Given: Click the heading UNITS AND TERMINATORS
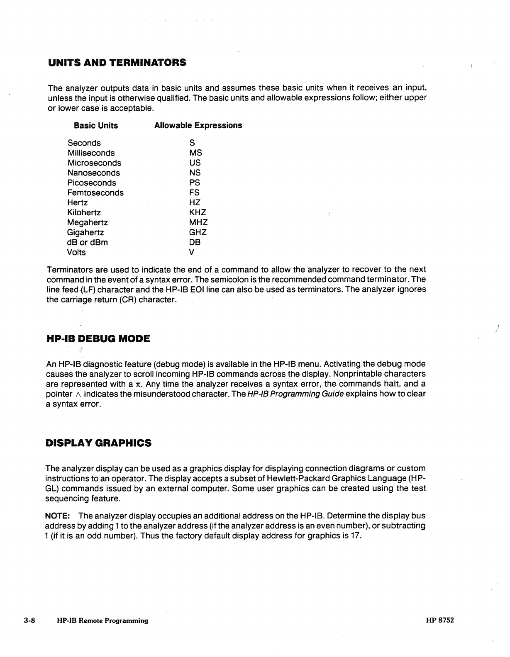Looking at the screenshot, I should point(117,63).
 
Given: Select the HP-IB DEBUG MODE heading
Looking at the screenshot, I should point(98,339).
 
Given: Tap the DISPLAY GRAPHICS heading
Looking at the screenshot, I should point(98,443).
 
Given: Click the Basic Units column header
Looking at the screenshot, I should point(96,126).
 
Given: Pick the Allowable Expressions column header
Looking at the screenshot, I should point(198,126).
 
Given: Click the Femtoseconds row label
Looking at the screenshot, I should point(95,193).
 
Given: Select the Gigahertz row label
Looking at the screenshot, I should point(85,233).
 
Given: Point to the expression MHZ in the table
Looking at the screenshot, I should point(198,223).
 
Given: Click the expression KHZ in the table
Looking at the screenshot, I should point(198,213).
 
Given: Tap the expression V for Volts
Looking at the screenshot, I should point(192,253).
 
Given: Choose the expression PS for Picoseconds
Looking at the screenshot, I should point(195,183).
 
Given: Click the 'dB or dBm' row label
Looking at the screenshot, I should point(88,243).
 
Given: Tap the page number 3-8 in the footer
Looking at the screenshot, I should point(30,621).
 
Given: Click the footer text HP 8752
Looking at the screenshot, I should point(439,621).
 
